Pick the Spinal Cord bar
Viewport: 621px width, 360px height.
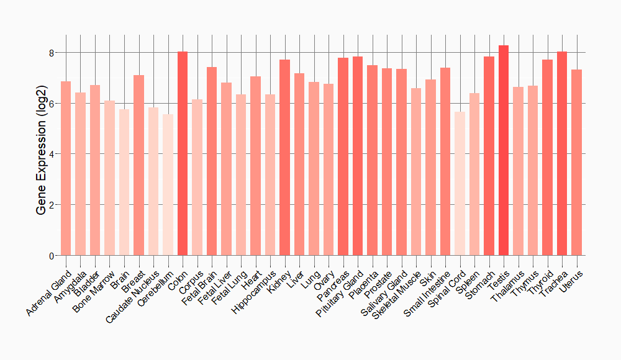[460, 184]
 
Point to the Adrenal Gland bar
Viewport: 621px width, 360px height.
[65, 168]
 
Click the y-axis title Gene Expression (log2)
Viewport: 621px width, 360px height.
[41, 154]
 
